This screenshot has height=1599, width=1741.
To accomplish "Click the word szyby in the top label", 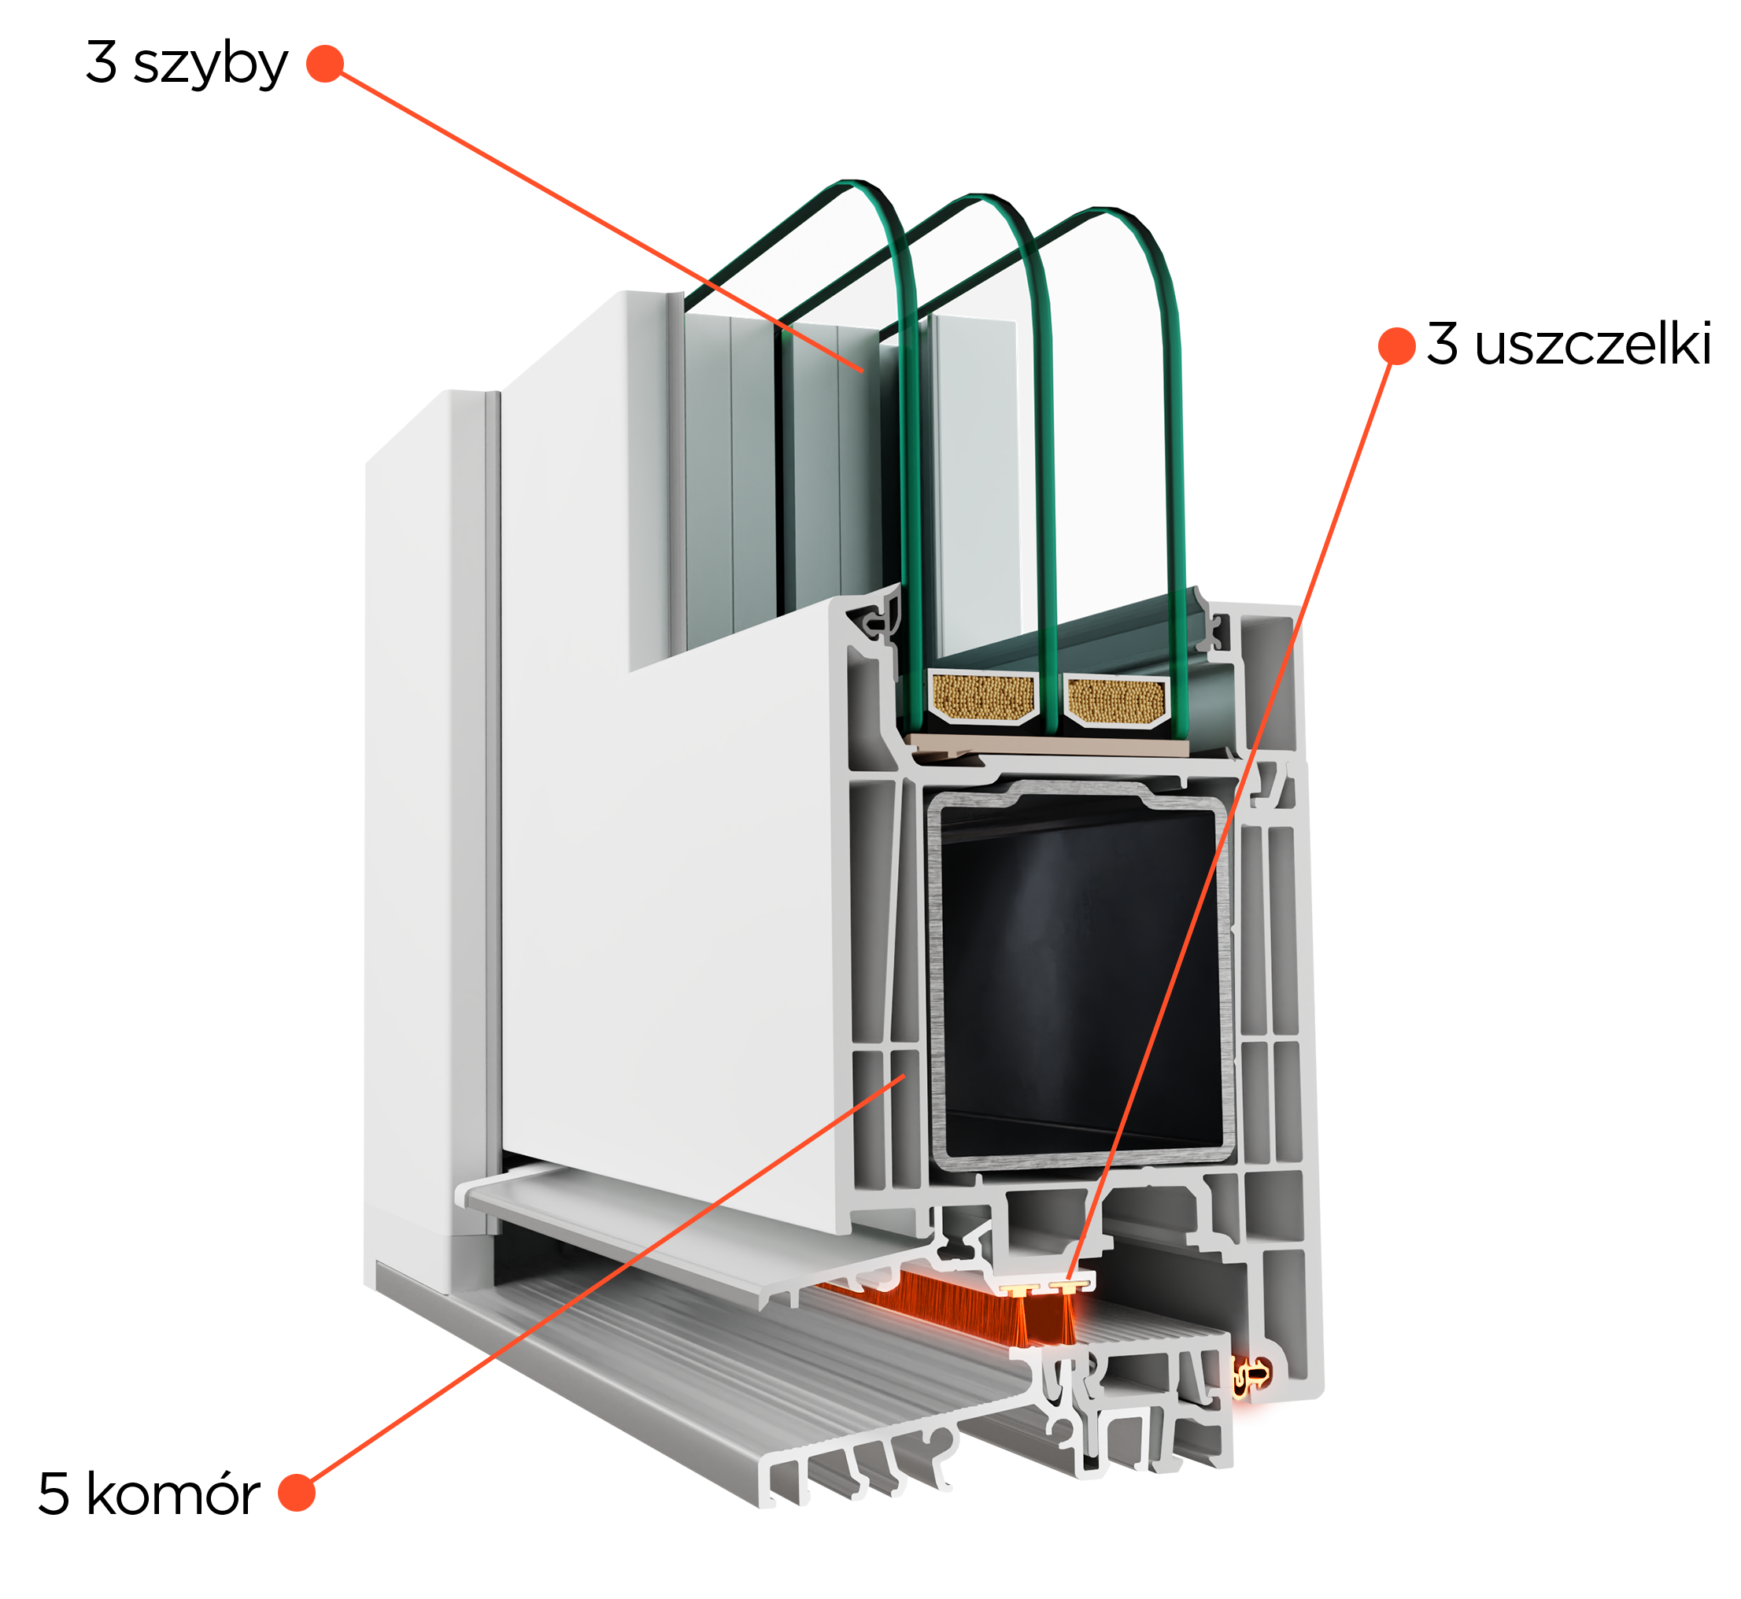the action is coord(210,65).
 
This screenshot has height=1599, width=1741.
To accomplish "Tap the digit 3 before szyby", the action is coord(102,62).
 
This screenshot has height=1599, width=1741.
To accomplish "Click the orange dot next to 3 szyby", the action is coord(325,63).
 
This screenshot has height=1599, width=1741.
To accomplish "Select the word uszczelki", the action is coord(1593,344).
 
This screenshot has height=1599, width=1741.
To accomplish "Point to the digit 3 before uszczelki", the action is coord(1443,342).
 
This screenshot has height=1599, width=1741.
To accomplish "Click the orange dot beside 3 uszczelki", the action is coord(1396,345).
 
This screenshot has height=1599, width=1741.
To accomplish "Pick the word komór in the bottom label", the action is coord(173,1494).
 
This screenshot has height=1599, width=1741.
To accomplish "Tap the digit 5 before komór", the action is coord(54,1494).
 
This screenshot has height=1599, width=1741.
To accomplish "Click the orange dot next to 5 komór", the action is coord(296,1493).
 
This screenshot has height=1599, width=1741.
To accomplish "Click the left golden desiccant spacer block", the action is coord(983,697).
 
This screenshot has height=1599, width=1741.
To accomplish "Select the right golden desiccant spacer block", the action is coord(1116,701).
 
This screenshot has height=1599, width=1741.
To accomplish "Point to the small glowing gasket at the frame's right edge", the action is coord(1251,1373).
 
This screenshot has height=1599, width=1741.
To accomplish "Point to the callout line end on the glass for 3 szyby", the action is coord(863,371).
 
